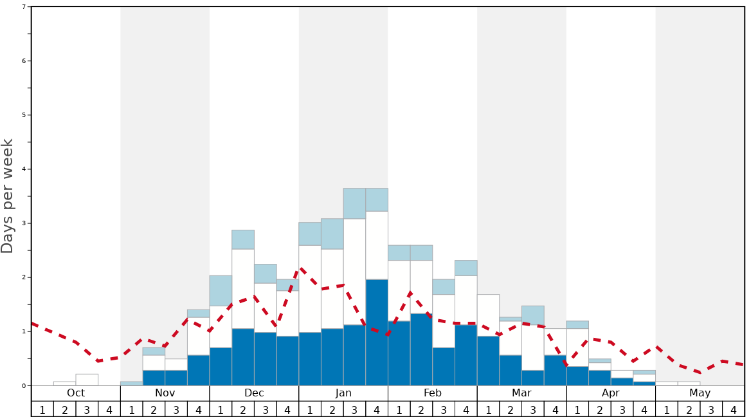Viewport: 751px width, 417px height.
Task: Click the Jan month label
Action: (x=343, y=393)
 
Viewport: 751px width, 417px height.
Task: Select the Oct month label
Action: (x=76, y=393)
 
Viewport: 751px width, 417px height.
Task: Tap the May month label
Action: (x=700, y=393)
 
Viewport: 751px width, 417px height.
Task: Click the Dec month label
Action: (x=254, y=393)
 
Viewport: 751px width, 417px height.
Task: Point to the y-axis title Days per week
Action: (x=8, y=196)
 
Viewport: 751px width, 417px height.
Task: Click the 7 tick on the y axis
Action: (x=24, y=7)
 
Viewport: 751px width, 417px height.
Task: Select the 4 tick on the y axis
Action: (x=24, y=169)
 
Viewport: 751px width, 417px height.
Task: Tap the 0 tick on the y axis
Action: (x=24, y=385)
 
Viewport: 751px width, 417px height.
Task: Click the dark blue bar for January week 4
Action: (x=377, y=332)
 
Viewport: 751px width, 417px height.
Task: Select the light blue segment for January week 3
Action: (x=354, y=203)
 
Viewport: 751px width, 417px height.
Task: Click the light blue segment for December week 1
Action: (x=221, y=291)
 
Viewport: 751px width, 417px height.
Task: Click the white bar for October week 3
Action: (x=87, y=380)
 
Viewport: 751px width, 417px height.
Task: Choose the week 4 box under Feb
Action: (x=466, y=409)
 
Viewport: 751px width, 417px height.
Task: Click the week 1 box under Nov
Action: (x=132, y=409)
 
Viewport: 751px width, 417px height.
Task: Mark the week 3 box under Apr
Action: (x=622, y=409)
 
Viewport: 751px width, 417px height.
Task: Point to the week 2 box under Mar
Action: (x=511, y=409)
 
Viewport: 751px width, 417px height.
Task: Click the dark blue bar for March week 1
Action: (x=488, y=360)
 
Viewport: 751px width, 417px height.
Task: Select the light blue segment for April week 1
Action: (x=577, y=325)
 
